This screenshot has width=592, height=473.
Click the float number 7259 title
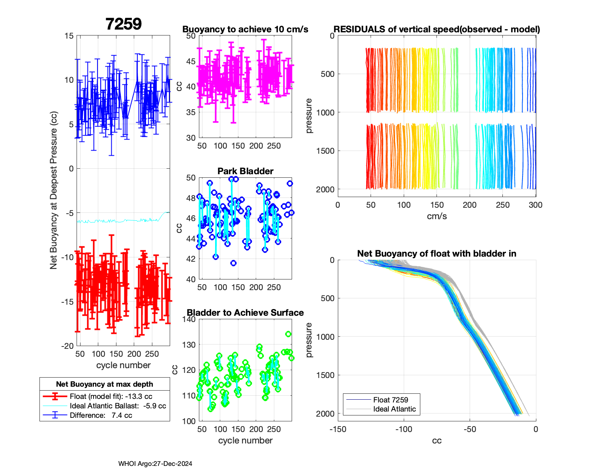(x=124, y=24)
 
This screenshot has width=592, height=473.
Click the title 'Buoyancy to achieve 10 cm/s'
(x=245, y=29)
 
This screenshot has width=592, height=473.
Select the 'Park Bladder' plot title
(x=245, y=171)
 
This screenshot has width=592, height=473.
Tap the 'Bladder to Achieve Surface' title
(x=245, y=313)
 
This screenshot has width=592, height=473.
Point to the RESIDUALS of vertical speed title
(x=437, y=29)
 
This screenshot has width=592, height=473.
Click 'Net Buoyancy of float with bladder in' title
(x=437, y=253)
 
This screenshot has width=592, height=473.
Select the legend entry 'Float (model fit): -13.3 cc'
(x=111, y=397)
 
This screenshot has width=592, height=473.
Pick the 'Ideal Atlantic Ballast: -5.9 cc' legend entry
(x=118, y=406)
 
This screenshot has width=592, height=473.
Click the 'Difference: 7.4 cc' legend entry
(x=101, y=415)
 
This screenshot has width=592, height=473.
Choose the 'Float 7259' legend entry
(x=390, y=400)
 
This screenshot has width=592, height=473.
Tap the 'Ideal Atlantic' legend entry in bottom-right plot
(x=394, y=409)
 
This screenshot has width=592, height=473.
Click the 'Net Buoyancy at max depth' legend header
(x=105, y=384)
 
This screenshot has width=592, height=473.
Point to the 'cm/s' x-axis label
(x=437, y=216)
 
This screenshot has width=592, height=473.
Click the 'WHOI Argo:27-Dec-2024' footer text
(x=155, y=464)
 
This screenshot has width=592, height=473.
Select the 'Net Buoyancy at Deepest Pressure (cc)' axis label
(x=54, y=191)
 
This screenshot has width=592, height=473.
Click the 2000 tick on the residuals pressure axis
(x=325, y=189)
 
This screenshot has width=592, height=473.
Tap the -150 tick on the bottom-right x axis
(x=338, y=429)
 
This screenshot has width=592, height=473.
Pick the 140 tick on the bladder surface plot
(x=189, y=319)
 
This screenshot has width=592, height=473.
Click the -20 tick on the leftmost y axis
(x=67, y=346)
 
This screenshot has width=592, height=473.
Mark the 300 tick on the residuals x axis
(x=536, y=205)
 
